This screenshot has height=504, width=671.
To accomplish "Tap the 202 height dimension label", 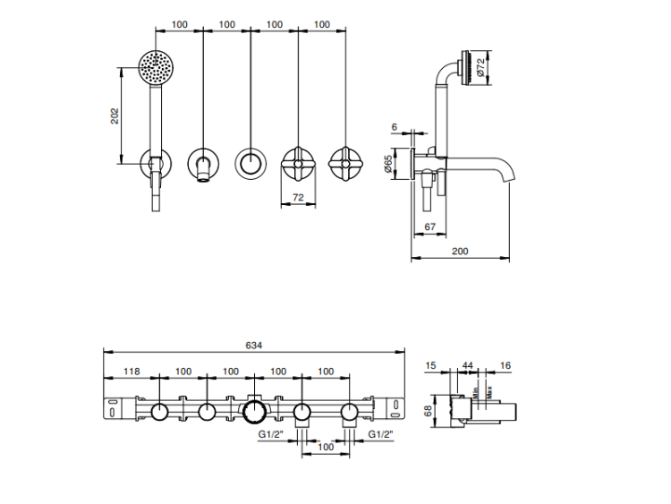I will (115, 116).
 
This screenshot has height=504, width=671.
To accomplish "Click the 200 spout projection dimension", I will (460, 252).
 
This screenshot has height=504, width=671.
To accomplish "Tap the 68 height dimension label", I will (428, 411).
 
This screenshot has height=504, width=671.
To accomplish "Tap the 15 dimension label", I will (432, 365).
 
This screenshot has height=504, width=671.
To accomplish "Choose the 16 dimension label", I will (506, 365).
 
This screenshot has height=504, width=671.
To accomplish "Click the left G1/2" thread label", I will (271, 435).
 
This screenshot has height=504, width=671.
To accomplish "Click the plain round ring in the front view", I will (251, 164).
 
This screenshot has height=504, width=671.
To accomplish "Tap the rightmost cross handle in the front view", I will (346, 164).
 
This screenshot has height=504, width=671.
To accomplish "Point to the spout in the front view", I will (204, 166).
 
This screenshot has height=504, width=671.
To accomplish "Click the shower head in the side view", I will (463, 68).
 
